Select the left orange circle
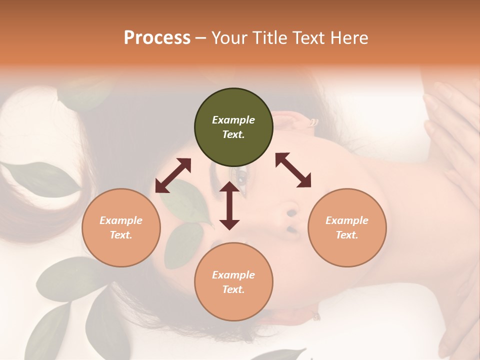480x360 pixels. pos(121,227)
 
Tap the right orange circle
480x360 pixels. pos(347,227)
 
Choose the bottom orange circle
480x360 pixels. pos(233,282)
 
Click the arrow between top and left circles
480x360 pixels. pos(173,175)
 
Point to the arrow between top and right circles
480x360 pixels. pos(293,170)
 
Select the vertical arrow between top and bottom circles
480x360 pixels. pos(229,205)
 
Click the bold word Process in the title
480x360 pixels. pos(157,37)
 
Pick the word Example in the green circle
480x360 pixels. pos(233,120)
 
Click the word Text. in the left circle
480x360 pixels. pos(121,235)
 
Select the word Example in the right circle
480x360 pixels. pos(347,220)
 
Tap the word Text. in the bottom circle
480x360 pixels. pos(233,289)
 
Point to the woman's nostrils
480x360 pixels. pos(291,220)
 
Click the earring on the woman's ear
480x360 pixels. pos(313,122)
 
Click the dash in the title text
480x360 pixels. pos(201,38)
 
